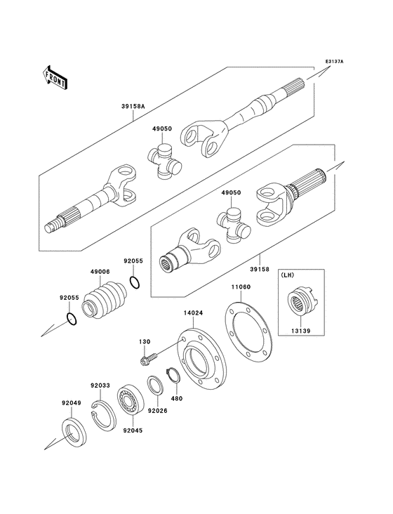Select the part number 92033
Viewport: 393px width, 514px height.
click(100, 385)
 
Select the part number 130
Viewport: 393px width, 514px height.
click(144, 342)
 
